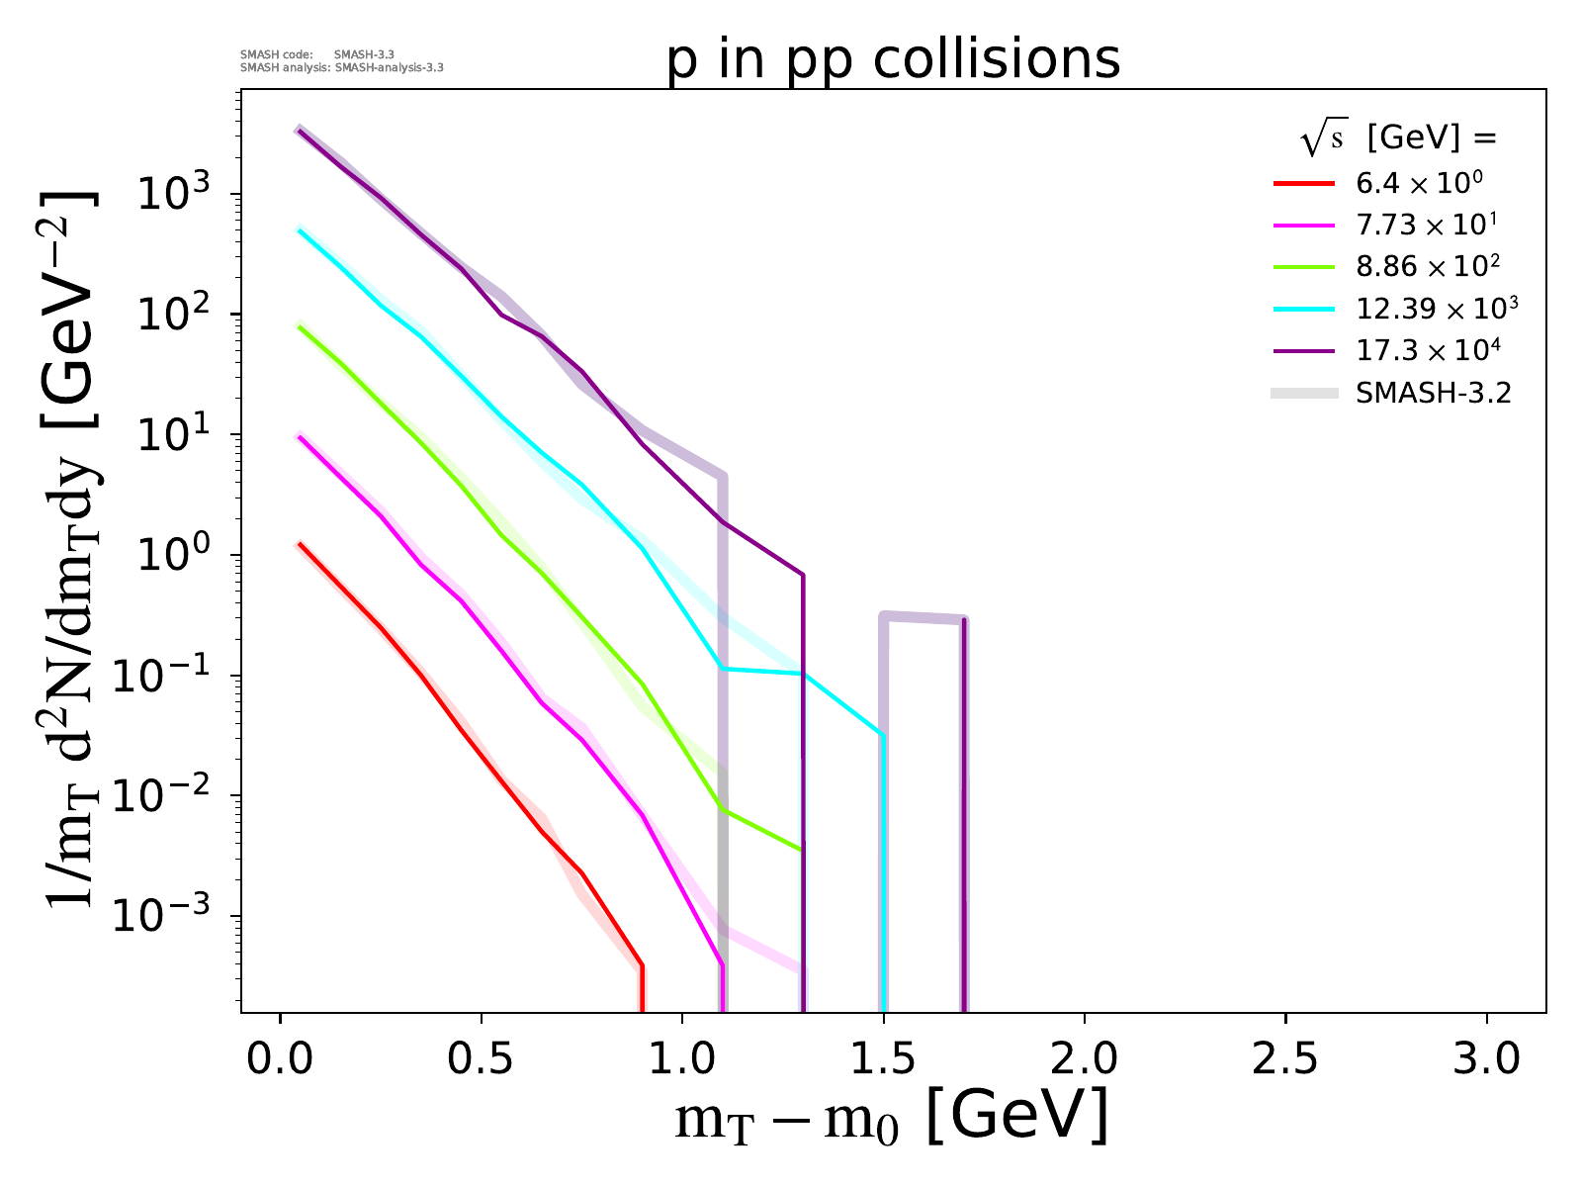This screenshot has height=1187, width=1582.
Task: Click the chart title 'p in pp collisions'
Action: [894, 60]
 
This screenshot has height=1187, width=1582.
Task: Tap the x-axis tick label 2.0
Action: [1085, 1059]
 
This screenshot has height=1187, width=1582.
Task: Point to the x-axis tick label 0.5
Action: [482, 1059]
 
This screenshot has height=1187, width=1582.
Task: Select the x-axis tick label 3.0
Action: [1486, 1059]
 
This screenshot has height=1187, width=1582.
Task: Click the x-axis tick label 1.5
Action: [883, 1059]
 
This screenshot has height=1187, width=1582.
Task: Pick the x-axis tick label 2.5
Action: [1285, 1059]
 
